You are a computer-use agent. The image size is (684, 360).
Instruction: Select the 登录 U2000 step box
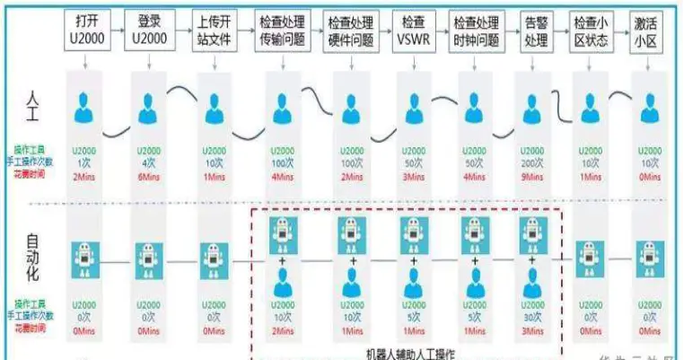pos(149,29)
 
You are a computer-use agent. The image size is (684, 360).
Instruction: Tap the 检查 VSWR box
pos(413,29)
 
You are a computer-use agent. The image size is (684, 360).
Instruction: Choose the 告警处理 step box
pos(537,29)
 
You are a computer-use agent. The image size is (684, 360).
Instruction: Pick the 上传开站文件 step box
pos(213,29)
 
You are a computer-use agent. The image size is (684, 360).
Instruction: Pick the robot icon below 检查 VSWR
pos(413,233)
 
